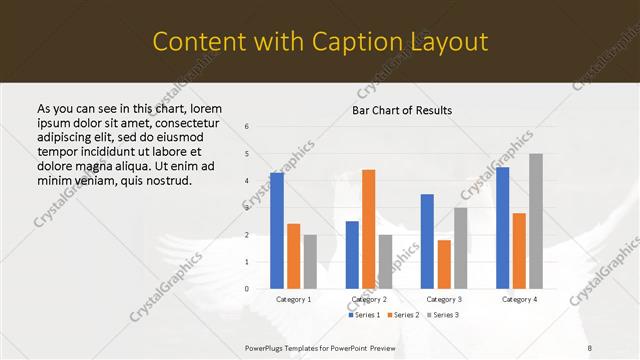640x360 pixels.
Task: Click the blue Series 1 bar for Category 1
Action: tap(277, 231)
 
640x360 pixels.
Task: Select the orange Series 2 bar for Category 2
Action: tap(368, 229)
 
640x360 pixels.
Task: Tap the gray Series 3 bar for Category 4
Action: tap(536, 221)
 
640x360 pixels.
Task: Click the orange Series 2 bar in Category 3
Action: tap(444, 264)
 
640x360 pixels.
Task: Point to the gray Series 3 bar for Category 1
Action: tap(310, 261)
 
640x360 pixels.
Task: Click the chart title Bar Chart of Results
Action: tap(402, 110)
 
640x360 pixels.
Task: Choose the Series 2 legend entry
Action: tap(402, 315)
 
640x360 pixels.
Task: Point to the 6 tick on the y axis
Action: tap(247, 127)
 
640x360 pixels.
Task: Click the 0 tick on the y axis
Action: tap(247, 289)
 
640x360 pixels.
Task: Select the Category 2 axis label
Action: tap(368, 299)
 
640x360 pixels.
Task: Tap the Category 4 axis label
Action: tap(518, 299)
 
